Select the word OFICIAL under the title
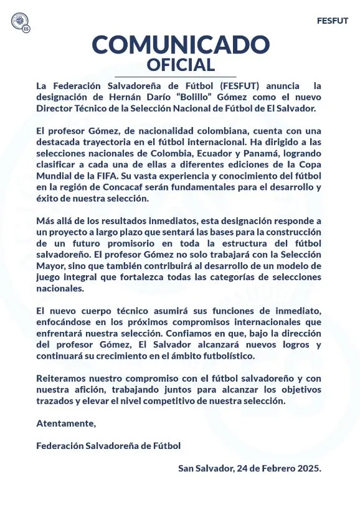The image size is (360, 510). click(180, 64)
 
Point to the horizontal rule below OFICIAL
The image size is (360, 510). click(180, 76)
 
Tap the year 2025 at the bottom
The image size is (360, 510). click(308, 468)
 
